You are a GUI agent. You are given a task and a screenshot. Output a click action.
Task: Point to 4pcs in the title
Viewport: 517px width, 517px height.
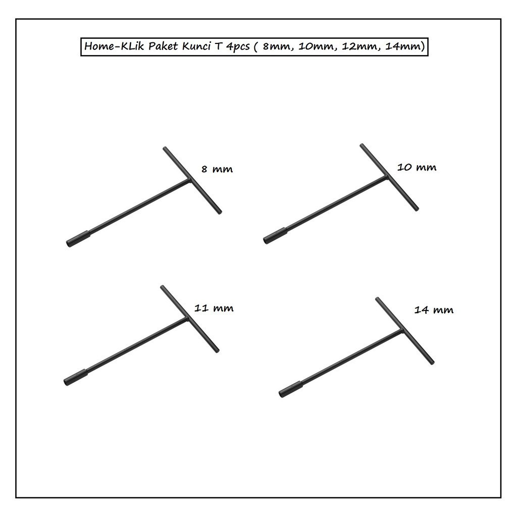tap(238, 47)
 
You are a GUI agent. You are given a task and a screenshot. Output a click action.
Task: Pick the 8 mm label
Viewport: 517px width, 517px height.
tap(217, 169)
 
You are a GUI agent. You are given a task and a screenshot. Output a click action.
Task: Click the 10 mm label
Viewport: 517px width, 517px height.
tap(417, 167)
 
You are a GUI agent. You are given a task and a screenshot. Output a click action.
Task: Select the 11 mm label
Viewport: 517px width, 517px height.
tap(214, 308)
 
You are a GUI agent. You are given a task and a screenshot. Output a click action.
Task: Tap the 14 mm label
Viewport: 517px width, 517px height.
tap(434, 310)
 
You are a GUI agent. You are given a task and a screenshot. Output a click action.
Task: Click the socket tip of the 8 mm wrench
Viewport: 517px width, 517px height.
tap(68, 244)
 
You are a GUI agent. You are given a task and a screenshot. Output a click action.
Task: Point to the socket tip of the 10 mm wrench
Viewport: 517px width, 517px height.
tap(266, 240)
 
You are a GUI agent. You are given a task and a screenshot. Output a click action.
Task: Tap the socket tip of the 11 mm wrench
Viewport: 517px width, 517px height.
tap(66, 382)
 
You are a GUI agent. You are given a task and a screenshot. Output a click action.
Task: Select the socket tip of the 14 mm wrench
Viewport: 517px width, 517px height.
tap(281, 394)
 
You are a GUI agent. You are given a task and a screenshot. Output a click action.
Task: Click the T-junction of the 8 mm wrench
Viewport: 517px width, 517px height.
tap(189, 180)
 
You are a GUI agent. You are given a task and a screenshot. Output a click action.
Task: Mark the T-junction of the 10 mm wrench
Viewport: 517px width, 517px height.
tap(387, 177)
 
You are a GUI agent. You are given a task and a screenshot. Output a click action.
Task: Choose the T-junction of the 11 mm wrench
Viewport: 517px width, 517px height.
tap(187, 319)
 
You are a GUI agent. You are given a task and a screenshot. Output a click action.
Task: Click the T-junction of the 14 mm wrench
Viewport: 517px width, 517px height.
tap(402, 331)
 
